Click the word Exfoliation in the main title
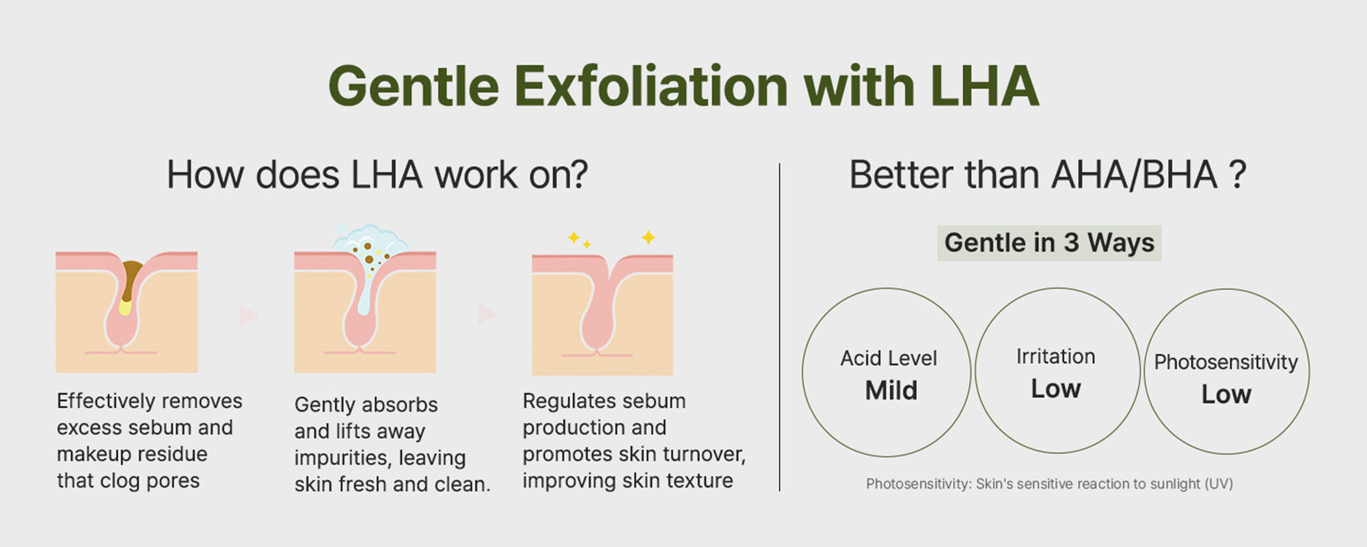[651, 86]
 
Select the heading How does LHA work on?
[377, 175]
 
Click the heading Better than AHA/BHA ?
[1048, 175]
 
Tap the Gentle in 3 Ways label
[1049, 243]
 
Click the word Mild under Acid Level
[891, 390]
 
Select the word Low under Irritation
[1056, 389]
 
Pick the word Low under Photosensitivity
[1226, 395]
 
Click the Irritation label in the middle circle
[1056, 356]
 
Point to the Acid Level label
[889, 358]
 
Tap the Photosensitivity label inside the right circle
[1226, 362]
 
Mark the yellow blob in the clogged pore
[125, 306]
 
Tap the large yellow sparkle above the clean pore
[648, 237]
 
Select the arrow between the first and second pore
[247, 315]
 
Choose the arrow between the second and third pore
[486, 315]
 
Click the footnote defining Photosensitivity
[1049, 484]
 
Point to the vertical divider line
[779, 327]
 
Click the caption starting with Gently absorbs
[392, 444]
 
